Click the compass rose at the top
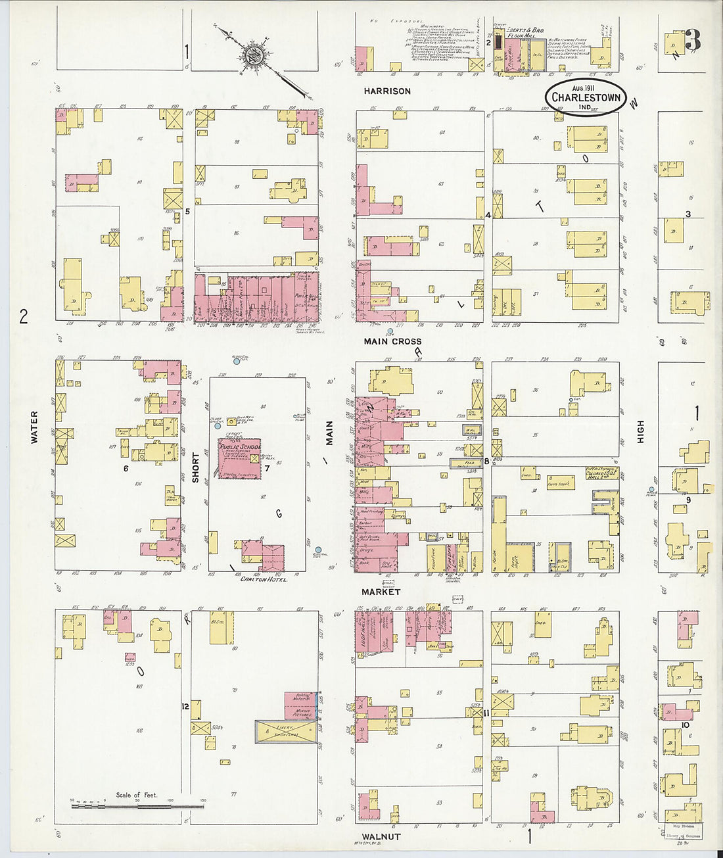pyautogui.click(x=253, y=55)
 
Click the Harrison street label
pyautogui.click(x=387, y=91)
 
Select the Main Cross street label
pyautogui.click(x=392, y=341)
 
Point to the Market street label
pyautogui.click(x=381, y=592)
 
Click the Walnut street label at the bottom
pyautogui.click(x=381, y=837)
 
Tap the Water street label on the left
pyautogui.click(x=34, y=427)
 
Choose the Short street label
pyautogui.click(x=195, y=468)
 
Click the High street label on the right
pyautogui.click(x=640, y=431)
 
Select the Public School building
pyautogui.click(x=240, y=458)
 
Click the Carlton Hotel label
pyautogui.click(x=264, y=579)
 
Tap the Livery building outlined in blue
pyautogui.click(x=286, y=732)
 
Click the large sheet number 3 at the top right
pyautogui.click(x=691, y=41)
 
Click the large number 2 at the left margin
pyautogui.click(x=24, y=318)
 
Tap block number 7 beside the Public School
pyautogui.click(x=268, y=469)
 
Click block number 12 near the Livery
pyautogui.click(x=185, y=707)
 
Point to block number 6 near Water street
pyautogui.click(x=125, y=469)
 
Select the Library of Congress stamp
pyautogui.click(x=684, y=832)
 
